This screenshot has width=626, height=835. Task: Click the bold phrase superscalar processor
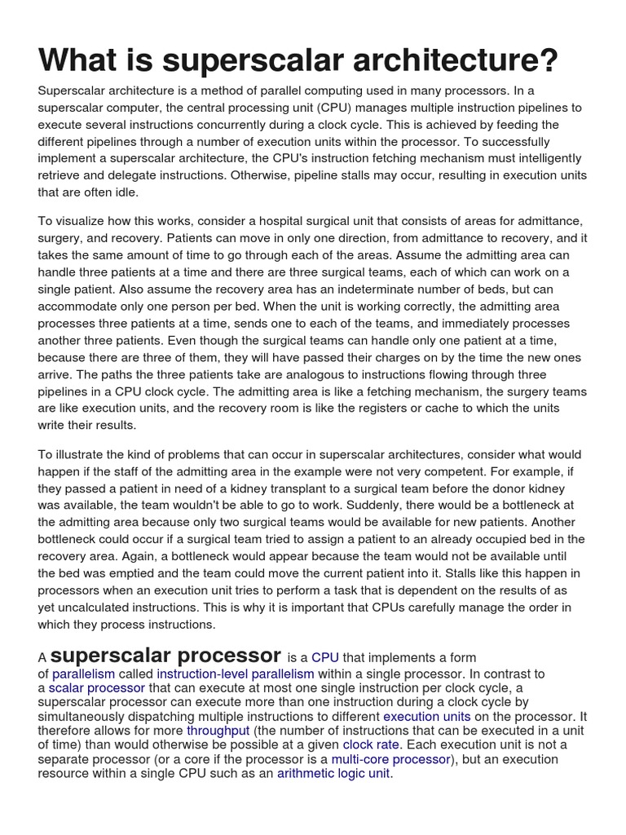point(166,656)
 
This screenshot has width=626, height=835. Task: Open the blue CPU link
point(324,657)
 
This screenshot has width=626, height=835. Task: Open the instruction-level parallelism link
point(235,674)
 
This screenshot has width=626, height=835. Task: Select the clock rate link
point(372,744)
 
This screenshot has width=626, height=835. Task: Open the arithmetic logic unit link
point(333,774)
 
